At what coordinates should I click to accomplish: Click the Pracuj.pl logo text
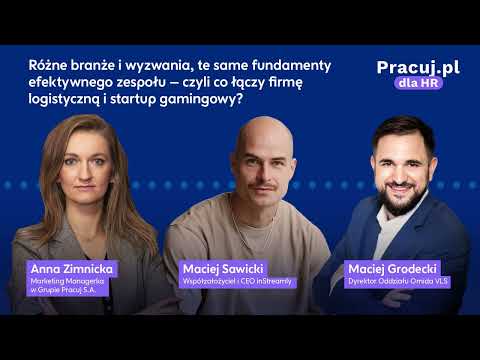418,67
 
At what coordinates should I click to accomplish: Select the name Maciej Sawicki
221,268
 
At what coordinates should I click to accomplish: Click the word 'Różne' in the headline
49,65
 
